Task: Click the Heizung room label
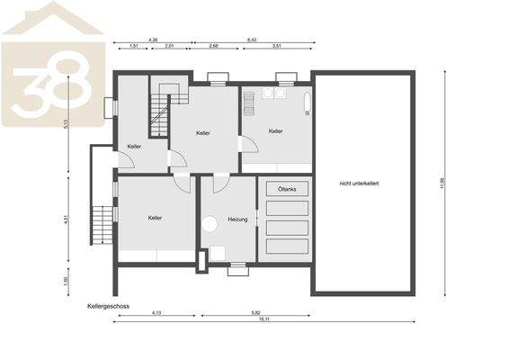click(237, 219)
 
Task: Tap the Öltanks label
click(287, 188)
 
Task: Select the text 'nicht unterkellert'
click(360, 184)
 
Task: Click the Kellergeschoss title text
click(108, 306)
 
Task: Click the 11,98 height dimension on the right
click(442, 184)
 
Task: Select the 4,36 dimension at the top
click(153, 40)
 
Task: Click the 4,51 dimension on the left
click(67, 219)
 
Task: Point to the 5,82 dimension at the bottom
click(255, 312)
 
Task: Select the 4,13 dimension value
click(156, 312)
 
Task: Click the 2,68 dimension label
click(213, 45)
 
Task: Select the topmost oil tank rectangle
click(287, 205)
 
